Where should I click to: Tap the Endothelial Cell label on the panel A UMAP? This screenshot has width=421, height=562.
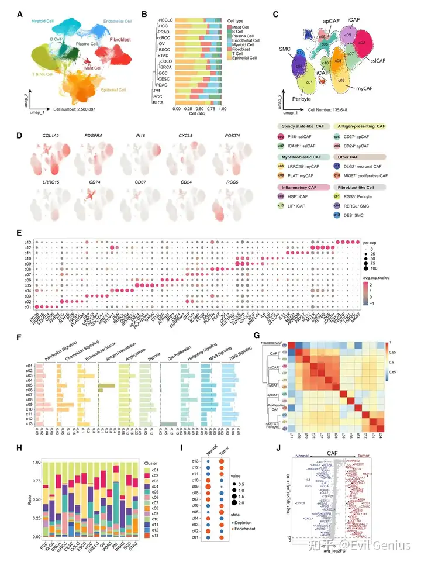[x=118, y=22]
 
